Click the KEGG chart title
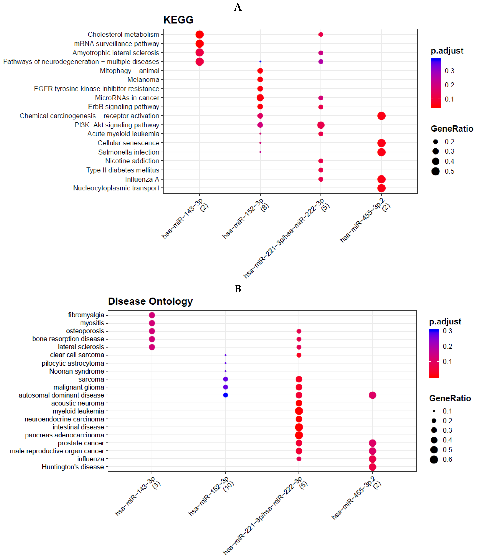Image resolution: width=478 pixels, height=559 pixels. pos(178,20)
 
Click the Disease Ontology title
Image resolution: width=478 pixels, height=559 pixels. pos(150,301)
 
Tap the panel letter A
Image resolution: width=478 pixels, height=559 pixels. pos(238,7)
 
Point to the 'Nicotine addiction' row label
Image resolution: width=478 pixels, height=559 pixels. pos(132,161)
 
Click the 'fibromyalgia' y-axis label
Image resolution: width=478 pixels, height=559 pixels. pos(86,315)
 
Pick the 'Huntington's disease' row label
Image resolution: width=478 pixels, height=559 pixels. pos(73,467)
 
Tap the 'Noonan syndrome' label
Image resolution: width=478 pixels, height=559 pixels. pos(77,371)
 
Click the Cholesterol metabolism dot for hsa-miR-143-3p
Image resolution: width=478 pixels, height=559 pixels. pos(199,35)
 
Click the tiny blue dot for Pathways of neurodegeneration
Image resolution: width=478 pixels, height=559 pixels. pos(260,61)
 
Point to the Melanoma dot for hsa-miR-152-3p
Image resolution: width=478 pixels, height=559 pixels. pos(260,80)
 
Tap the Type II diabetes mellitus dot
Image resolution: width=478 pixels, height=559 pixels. pos(321,170)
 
